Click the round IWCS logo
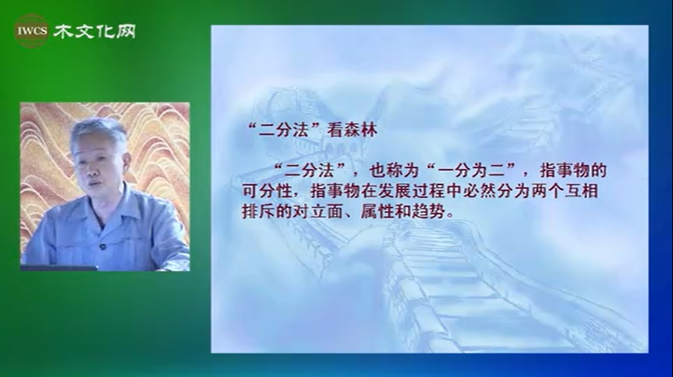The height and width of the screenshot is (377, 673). pos(32,31)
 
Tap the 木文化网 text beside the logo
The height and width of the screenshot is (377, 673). pos(95,31)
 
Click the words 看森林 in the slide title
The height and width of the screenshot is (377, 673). pos(352,130)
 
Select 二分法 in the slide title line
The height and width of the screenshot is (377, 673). pos(283,130)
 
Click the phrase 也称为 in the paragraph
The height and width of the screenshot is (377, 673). pos(394,171)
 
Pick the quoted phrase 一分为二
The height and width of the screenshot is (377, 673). pos(471,171)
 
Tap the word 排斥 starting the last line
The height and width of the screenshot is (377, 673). pos(258,211)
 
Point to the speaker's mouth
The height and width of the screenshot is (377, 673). pos(95,184)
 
